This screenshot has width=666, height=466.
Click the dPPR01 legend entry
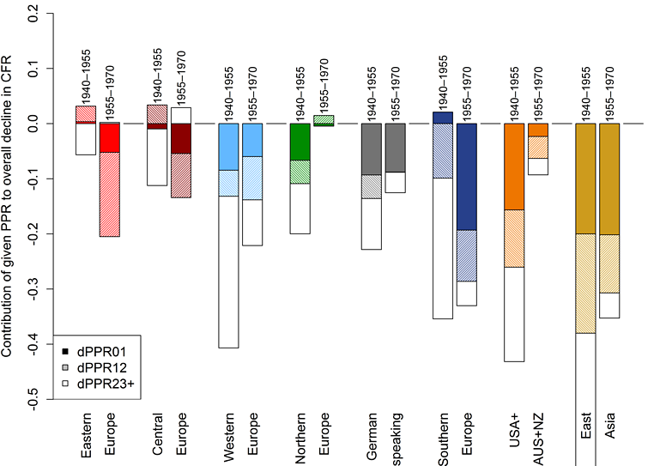[x=96, y=351]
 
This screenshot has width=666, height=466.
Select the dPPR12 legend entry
[x=96, y=366]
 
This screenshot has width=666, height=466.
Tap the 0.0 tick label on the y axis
[x=38, y=124]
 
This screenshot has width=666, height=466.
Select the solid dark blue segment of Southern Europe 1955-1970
[x=466, y=177]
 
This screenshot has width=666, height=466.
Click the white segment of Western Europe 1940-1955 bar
[x=229, y=271]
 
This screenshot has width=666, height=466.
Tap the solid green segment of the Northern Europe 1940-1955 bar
[x=300, y=142]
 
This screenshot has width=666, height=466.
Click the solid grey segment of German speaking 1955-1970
[x=395, y=148]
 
